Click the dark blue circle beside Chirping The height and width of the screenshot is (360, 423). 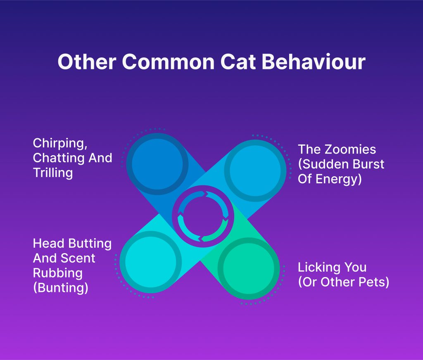tap(157, 163)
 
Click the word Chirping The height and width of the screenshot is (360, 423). tap(57, 144)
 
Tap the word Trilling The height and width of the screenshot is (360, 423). tap(53, 173)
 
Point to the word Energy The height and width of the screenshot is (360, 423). tap(340, 179)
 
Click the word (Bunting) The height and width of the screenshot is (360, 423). tap(61, 287)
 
